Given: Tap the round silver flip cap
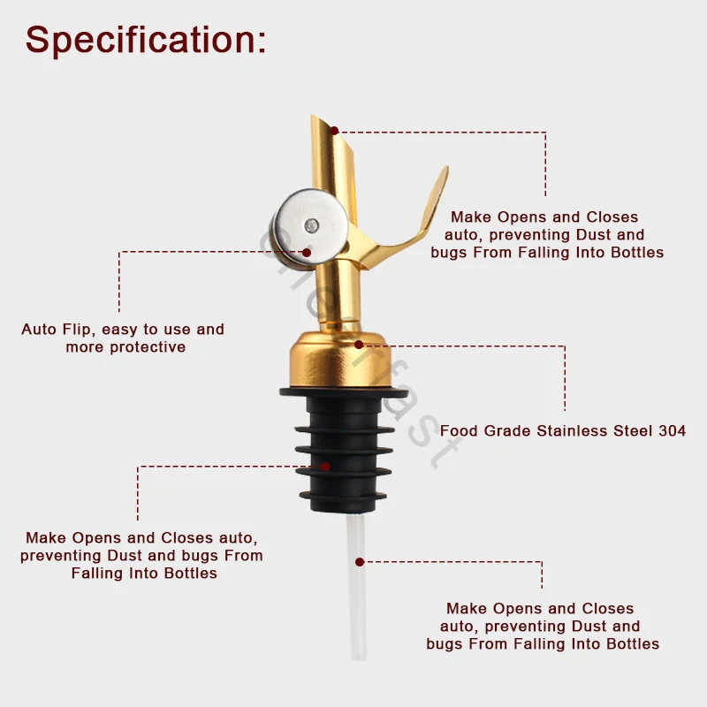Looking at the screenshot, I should pos(300,225).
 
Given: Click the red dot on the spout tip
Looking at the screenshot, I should pos(334,131).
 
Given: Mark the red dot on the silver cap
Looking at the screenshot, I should pos(307,252).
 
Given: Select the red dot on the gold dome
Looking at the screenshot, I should pos(359,345).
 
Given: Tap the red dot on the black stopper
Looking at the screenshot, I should pos(325,466).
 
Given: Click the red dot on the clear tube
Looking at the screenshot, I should pos(360,560).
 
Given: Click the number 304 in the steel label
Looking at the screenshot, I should pos(671,431).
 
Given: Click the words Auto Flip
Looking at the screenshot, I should pos(58,330).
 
